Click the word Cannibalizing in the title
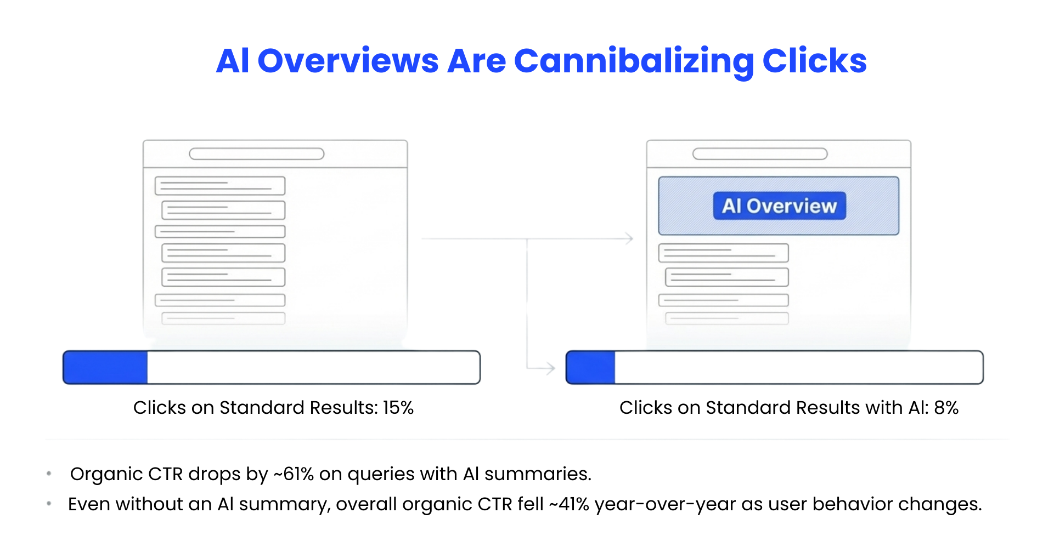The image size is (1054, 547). coord(633,61)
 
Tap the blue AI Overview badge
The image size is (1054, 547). coord(779,206)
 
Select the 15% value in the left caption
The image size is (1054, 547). coord(398,408)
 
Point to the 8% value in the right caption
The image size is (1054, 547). coord(946,408)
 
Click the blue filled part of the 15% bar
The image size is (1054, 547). coord(105,367)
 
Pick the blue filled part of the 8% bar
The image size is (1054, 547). coord(590,367)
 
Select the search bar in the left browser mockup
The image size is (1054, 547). coord(256,154)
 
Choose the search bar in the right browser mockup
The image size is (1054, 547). coord(760,154)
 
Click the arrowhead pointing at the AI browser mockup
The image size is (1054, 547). coord(629,238)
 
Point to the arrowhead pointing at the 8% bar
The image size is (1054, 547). coord(550,368)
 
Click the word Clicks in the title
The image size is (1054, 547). coord(814,61)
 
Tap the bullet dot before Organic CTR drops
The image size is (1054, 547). coord(49,474)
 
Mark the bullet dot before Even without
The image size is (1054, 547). coord(49,503)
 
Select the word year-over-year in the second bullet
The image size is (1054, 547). coord(665,504)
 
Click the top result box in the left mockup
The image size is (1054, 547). coord(220,186)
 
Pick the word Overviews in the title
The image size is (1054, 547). coord(348,61)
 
